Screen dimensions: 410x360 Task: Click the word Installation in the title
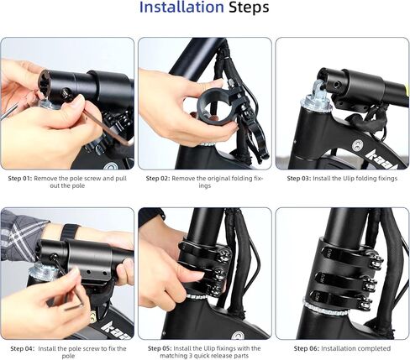pos(181,8)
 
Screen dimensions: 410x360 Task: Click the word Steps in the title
pos(249,8)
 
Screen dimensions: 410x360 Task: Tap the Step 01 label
pos(20,179)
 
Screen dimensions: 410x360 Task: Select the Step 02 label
pos(158,179)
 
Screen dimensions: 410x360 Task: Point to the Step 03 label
pos(299,179)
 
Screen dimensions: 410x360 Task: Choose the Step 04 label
pos(23,349)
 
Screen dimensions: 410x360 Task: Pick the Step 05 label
pos(160,348)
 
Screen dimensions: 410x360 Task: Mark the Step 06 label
pos(307,348)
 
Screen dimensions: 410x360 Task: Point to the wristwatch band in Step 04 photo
pos(67,232)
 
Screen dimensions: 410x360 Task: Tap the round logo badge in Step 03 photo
pos(356,145)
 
